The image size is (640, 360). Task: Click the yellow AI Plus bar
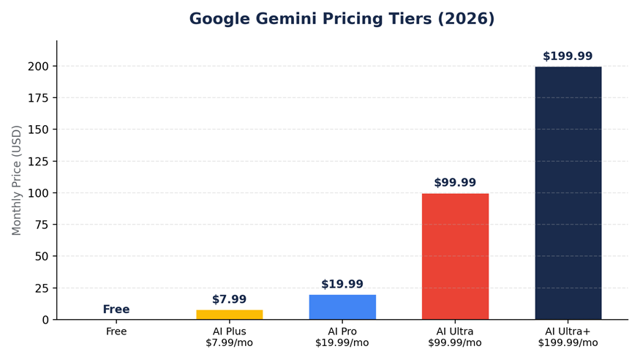click(230, 315)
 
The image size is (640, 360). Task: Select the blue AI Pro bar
click(342, 307)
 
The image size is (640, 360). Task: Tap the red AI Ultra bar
click(455, 256)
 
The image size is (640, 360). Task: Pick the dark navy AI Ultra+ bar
click(568, 193)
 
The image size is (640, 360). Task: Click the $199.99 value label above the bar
click(568, 56)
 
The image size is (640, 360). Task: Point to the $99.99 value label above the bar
click(455, 182)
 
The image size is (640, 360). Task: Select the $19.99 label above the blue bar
click(342, 284)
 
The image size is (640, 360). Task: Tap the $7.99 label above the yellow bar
click(230, 299)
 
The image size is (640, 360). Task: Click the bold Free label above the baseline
click(116, 310)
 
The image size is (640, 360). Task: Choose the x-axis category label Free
click(116, 331)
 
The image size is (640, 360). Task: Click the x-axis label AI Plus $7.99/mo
click(230, 337)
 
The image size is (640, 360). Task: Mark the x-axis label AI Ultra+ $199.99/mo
click(568, 337)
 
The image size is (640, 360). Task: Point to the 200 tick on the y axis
click(38, 66)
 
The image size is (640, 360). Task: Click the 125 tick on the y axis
click(38, 161)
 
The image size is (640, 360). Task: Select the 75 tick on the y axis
click(42, 225)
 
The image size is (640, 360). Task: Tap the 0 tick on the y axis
click(45, 320)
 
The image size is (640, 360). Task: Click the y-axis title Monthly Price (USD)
click(16, 181)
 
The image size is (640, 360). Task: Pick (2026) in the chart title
click(466, 19)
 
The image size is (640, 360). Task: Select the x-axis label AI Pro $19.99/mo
click(342, 337)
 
